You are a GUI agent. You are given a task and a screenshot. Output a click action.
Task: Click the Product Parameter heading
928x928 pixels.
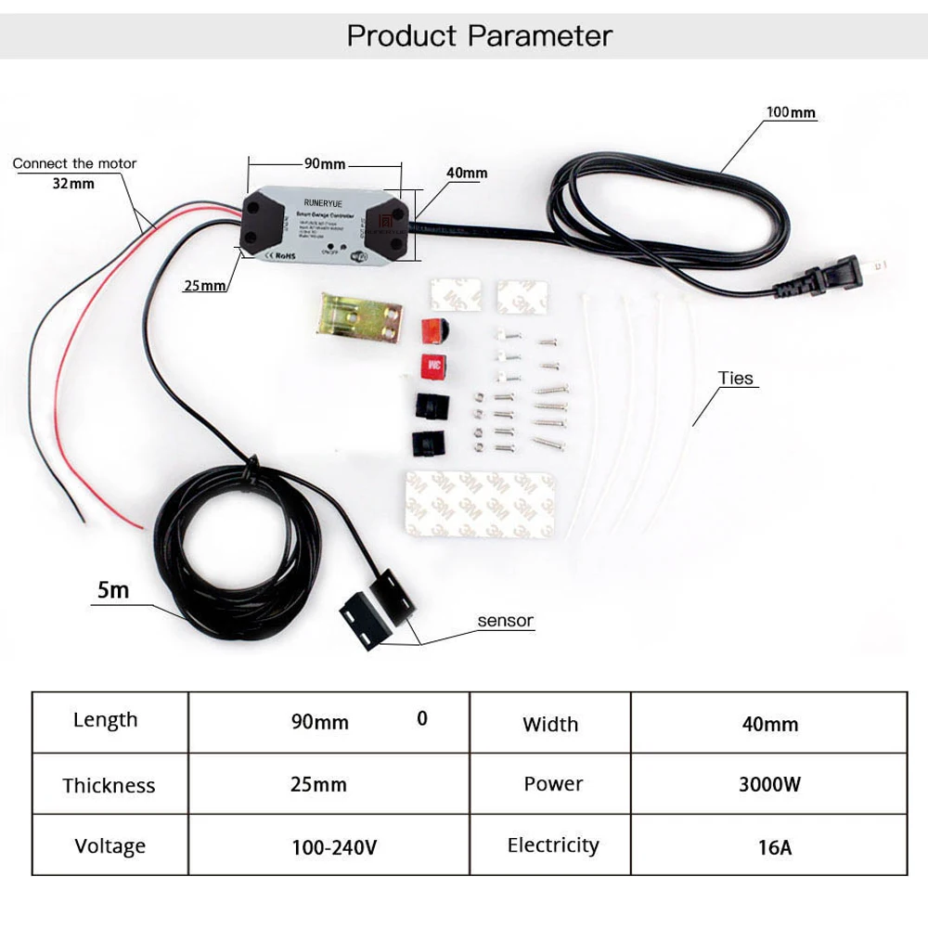point(479,36)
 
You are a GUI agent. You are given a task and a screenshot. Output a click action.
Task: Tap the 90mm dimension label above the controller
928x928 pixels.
point(325,164)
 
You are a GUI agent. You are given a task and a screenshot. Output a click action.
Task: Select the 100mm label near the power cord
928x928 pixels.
point(791,112)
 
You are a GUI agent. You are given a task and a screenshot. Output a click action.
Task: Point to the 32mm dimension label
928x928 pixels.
point(73,183)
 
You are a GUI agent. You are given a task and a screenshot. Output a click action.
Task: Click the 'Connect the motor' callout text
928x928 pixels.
point(74,163)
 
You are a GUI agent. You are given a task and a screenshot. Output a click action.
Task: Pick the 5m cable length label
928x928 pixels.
point(113,589)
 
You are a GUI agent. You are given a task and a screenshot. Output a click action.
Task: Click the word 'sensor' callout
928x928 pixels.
point(506,621)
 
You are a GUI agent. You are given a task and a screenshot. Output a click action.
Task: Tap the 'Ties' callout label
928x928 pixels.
point(736,379)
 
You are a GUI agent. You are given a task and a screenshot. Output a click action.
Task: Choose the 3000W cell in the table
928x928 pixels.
point(769,784)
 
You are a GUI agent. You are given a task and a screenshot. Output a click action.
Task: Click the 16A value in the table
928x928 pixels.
point(769,846)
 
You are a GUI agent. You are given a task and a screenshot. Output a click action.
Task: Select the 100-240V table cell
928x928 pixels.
point(332,846)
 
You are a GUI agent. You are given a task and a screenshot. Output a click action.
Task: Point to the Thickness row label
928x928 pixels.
point(109,786)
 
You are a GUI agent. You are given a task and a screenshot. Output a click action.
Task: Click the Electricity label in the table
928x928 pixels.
point(553,845)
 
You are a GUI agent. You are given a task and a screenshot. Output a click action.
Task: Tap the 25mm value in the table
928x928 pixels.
point(318,784)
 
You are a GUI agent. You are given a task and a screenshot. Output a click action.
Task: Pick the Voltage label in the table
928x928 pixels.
point(110,846)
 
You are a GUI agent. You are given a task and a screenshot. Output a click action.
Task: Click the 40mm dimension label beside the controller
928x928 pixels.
point(466,174)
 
